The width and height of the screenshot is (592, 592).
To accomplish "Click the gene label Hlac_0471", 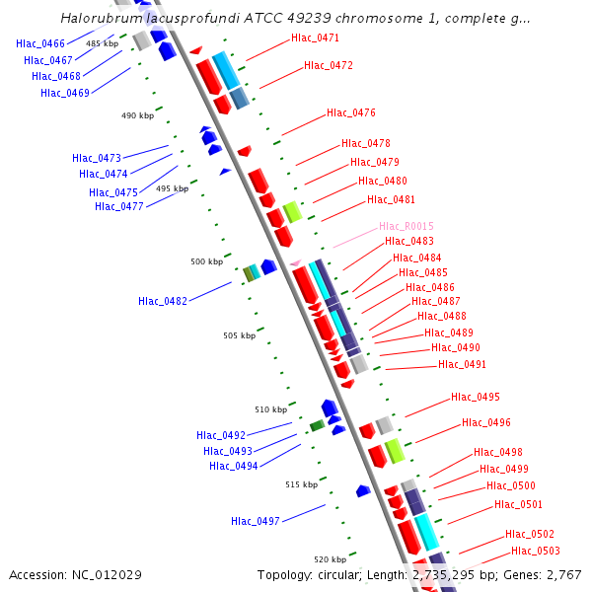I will click(x=315, y=37).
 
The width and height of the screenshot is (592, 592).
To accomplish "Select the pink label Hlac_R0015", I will click(x=406, y=227).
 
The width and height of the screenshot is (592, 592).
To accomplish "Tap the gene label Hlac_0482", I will click(x=163, y=301).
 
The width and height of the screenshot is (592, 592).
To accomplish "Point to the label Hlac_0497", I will click(x=256, y=521).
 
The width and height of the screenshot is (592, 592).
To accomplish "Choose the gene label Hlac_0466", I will click(x=40, y=43).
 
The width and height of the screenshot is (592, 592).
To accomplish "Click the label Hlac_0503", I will click(x=535, y=551).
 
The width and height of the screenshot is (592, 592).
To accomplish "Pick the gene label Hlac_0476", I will click(x=350, y=112).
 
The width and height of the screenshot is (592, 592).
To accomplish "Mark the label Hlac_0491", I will click(x=462, y=364).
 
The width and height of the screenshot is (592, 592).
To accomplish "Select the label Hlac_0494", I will click(x=233, y=466).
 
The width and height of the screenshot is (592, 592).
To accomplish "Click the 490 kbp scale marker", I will click(x=137, y=115).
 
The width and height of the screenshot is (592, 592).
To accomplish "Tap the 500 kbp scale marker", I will click(x=207, y=261).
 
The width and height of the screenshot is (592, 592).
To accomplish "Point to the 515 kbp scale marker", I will click(x=301, y=484).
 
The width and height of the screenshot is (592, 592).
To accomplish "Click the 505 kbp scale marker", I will click(x=239, y=335).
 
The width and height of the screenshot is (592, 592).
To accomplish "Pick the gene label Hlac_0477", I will click(x=119, y=206).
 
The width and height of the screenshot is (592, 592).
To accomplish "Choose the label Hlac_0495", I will click(x=475, y=397).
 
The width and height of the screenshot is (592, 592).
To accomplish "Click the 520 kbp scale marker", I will click(x=331, y=558).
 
